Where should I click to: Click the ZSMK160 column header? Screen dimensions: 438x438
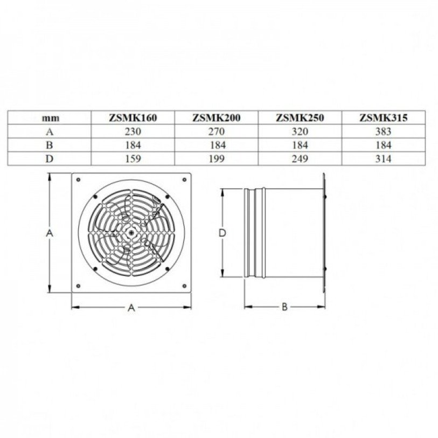(133, 117)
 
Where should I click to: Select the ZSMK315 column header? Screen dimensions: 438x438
(383, 117)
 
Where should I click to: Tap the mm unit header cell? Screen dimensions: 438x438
(51, 118)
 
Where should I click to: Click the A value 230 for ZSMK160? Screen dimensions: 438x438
(133, 131)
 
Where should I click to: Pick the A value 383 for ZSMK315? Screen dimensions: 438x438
(383, 131)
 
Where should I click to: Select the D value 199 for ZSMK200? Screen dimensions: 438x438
(217, 159)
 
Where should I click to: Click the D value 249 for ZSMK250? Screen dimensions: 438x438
(300, 159)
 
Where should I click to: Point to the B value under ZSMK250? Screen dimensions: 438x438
(300, 145)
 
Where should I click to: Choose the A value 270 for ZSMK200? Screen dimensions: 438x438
(217, 131)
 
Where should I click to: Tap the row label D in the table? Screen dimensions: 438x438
(49, 159)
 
